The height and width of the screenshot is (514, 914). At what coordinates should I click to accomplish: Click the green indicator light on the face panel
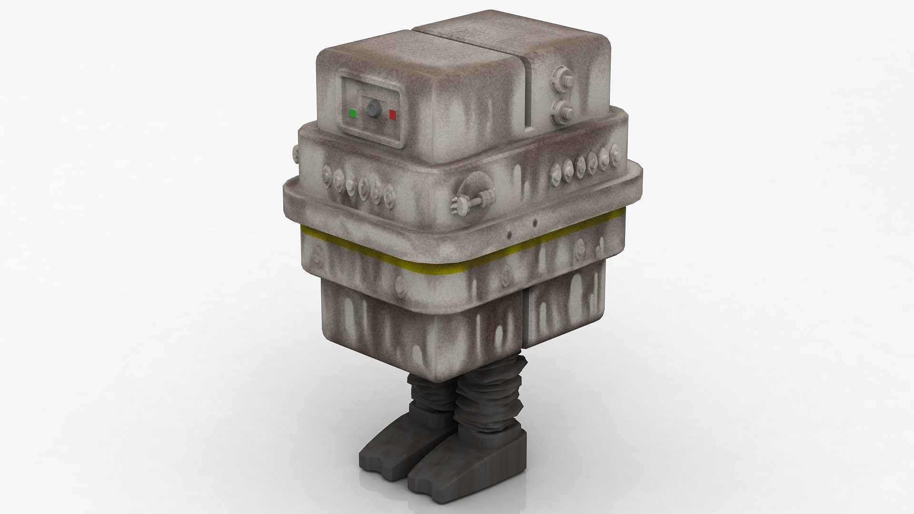click(353, 113)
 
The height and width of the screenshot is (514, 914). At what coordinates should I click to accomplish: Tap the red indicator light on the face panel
click(393, 114)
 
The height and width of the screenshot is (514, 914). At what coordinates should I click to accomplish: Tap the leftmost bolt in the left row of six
click(327, 173)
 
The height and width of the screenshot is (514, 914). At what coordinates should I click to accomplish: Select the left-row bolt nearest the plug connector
click(391, 193)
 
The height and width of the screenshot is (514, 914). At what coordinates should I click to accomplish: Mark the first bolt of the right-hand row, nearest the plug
click(556, 177)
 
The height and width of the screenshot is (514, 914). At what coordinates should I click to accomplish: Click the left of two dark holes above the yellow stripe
click(509, 235)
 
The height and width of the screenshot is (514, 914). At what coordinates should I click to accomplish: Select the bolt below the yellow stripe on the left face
click(399, 286)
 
